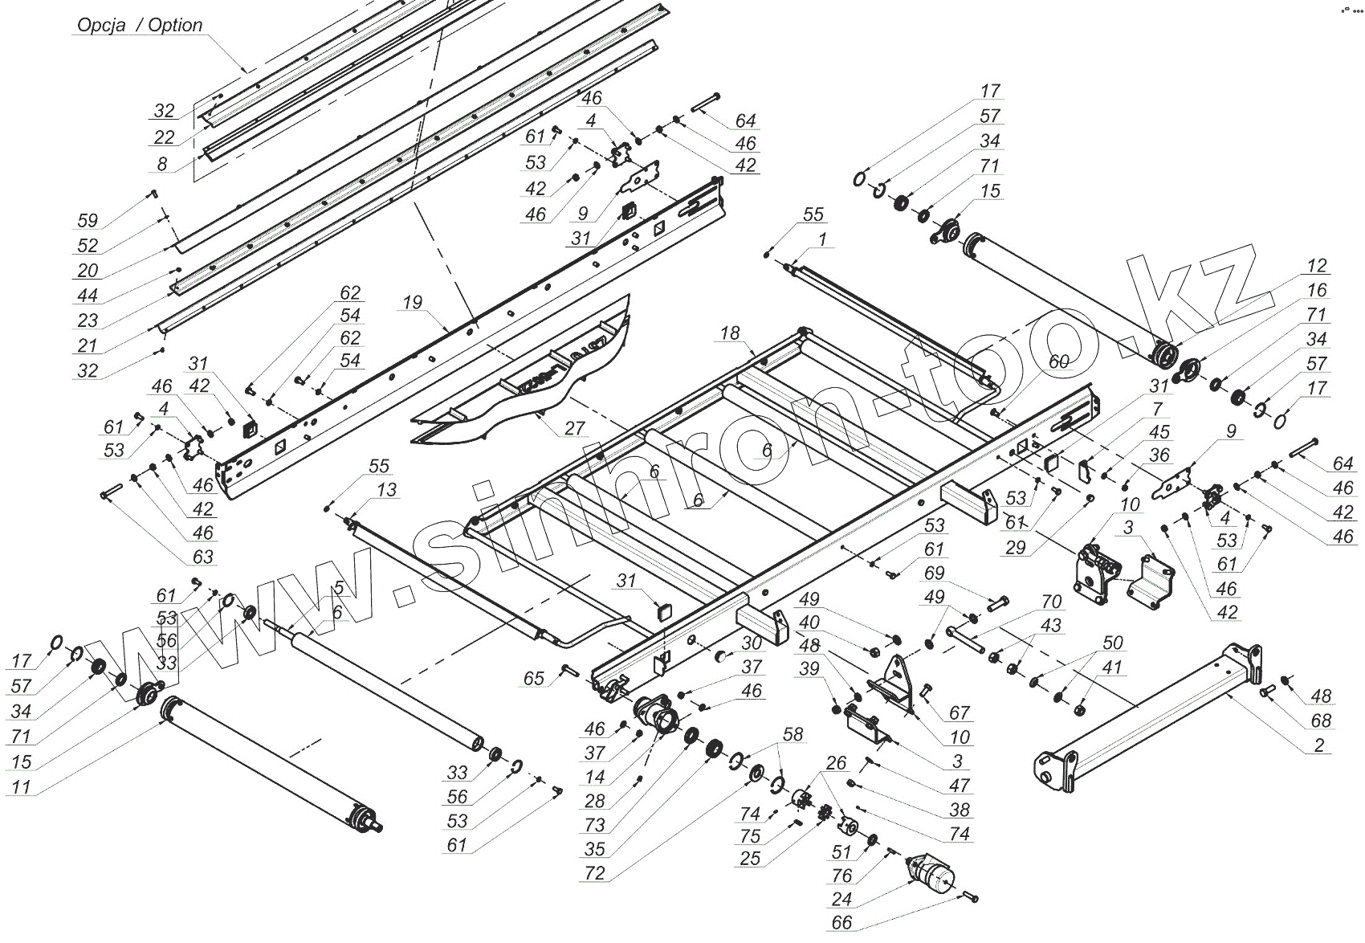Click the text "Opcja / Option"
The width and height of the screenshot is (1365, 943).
[140, 26]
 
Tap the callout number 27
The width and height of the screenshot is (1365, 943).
[575, 428]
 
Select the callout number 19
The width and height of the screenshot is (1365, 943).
[412, 303]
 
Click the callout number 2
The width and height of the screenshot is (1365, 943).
[1319, 745]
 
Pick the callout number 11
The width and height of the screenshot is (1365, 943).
[21, 786]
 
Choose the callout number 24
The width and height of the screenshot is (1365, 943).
[841, 899]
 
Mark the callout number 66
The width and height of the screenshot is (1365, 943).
[841, 923]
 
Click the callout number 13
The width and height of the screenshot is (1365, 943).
[387, 490]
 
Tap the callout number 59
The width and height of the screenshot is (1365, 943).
[88, 221]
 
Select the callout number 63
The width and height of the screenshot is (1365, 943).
[203, 556]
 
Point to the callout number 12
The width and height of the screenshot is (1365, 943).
[1317, 266]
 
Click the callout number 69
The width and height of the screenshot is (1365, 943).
[935, 574]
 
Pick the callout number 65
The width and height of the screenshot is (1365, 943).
[534, 679]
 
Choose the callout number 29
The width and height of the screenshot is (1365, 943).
[1015, 548]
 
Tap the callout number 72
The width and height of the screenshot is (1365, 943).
[595, 873]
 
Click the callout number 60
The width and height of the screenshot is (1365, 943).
[1058, 362]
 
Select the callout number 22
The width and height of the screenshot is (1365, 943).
[164, 137]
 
